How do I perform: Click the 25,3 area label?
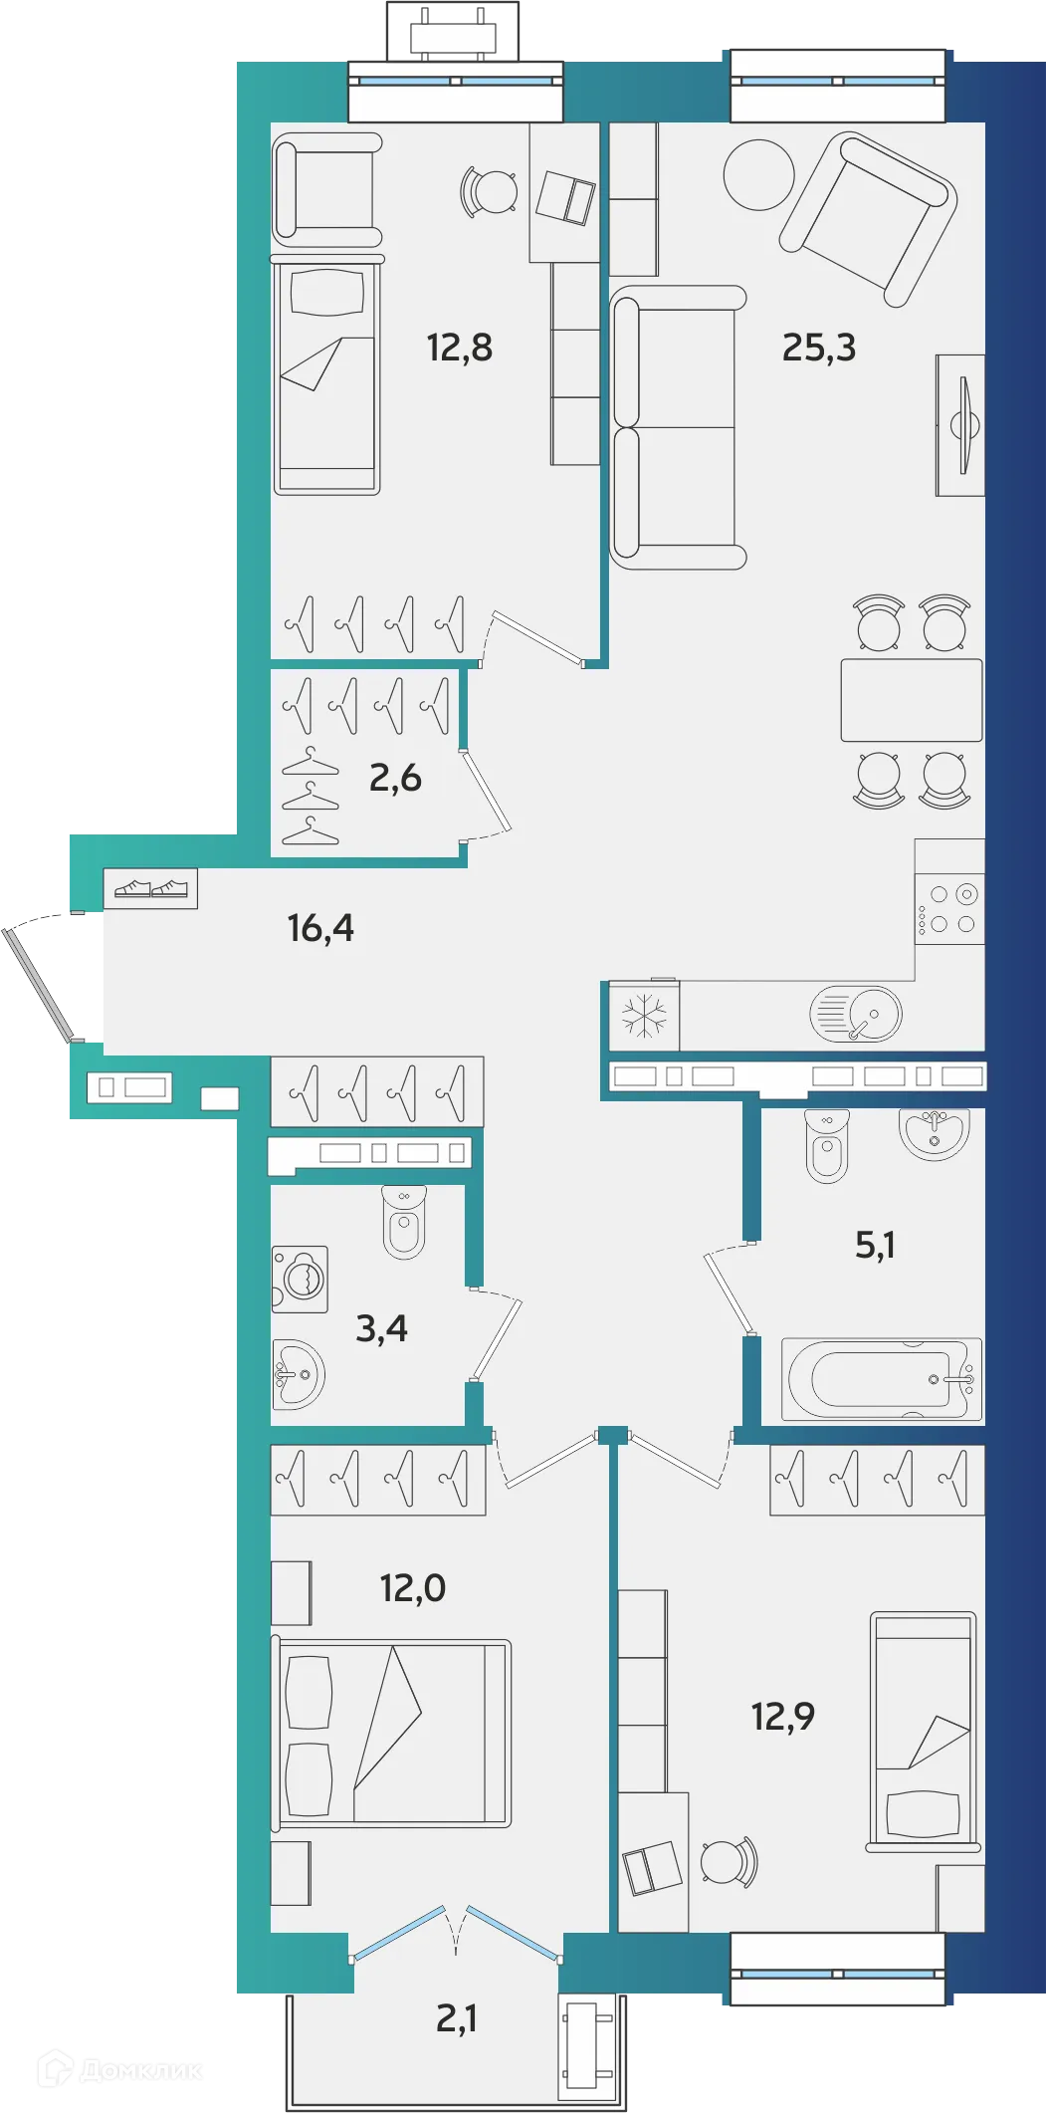(x=818, y=348)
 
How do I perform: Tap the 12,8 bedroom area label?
(x=459, y=348)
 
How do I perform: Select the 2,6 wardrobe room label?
(x=395, y=778)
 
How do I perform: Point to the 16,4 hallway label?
(x=320, y=928)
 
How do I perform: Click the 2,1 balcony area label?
(x=456, y=2018)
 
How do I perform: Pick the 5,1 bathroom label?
(x=875, y=1245)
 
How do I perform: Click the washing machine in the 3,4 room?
(x=300, y=1279)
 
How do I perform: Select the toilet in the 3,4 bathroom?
(x=404, y=1222)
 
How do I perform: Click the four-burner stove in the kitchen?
(x=950, y=908)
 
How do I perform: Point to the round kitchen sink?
(x=857, y=1015)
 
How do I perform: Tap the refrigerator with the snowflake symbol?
(x=644, y=1016)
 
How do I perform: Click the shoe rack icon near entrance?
(x=150, y=888)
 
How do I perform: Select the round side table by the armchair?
(x=758, y=175)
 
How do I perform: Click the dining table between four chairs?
(x=911, y=699)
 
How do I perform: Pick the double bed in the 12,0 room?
(x=391, y=1733)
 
